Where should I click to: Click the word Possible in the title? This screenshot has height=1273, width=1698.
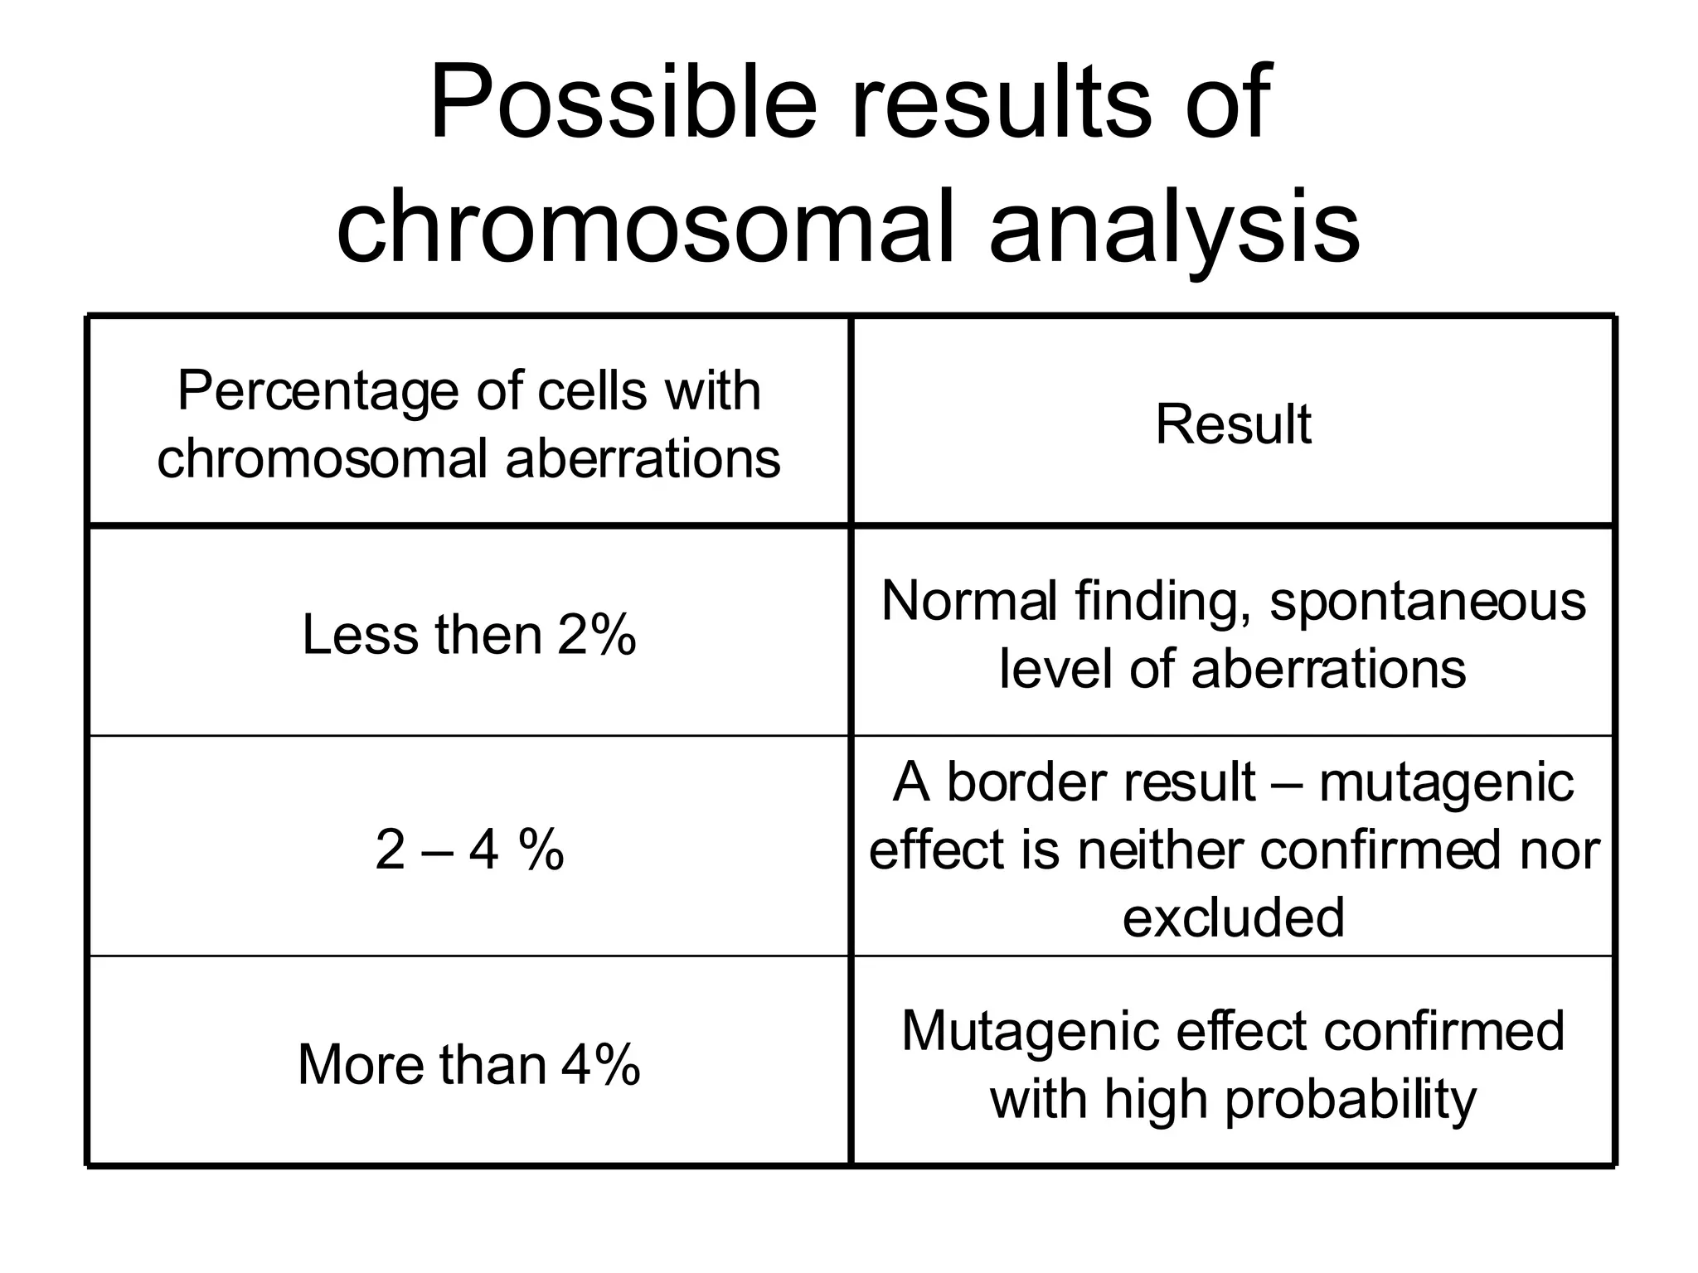coord(623,103)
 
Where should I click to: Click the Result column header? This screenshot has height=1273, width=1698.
coord(1233,424)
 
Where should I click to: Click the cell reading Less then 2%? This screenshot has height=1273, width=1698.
coord(468,635)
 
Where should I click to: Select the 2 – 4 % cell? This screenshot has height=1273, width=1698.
coord(468,850)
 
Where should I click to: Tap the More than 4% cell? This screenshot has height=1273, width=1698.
coord(468,1064)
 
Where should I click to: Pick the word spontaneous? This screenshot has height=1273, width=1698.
coord(1428,602)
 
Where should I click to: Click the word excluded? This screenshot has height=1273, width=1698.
coord(1233,917)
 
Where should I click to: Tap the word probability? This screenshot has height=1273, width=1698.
coord(1350,1101)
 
